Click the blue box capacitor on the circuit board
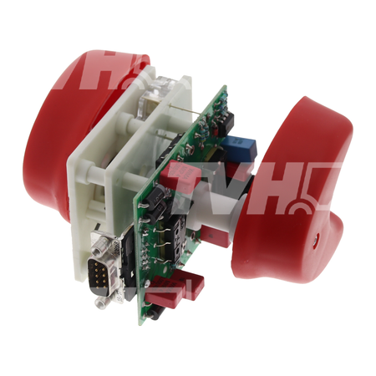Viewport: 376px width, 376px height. pos(238,146)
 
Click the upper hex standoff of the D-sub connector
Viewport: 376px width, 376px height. pos(99,246)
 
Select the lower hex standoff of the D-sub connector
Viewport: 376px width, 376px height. pos(101,302)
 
